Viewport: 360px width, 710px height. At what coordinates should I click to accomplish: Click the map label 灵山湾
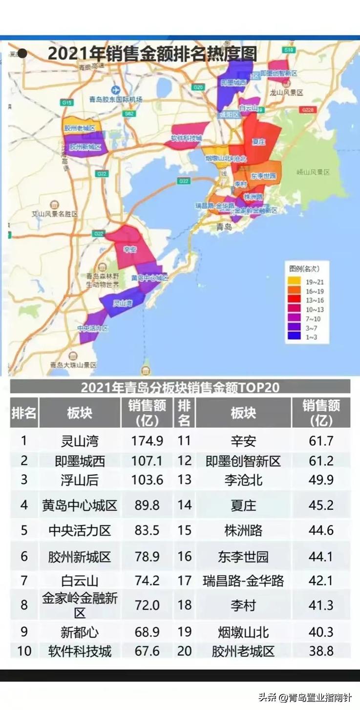coord(123,303)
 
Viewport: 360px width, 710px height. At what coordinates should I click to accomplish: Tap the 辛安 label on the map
coord(129,250)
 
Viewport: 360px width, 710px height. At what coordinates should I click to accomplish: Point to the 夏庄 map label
coord(258,142)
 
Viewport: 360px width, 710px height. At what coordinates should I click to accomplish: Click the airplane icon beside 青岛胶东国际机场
coord(115,90)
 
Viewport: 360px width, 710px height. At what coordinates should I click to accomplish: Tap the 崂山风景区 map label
coord(313,172)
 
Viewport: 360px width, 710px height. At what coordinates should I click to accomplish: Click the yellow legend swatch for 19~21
coord(293,282)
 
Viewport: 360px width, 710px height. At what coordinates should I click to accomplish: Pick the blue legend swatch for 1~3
coord(293,337)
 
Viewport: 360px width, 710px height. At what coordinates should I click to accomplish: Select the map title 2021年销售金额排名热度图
coord(152,53)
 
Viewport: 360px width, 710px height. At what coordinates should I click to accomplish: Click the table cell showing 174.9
coord(147,441)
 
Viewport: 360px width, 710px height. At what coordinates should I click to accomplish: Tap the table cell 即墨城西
coord(80,461)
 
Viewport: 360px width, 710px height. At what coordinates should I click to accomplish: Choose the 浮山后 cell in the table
coord(80,480)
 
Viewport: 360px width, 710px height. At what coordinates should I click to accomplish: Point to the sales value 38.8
coord(321,651)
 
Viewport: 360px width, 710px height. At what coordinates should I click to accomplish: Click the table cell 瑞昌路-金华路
coord(243,581)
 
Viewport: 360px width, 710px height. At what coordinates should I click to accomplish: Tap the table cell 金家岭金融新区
coord(80,605)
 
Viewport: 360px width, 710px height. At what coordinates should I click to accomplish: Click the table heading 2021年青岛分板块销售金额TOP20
coord(180,388)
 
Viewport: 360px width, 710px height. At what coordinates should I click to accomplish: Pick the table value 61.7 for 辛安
coord(321,441)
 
